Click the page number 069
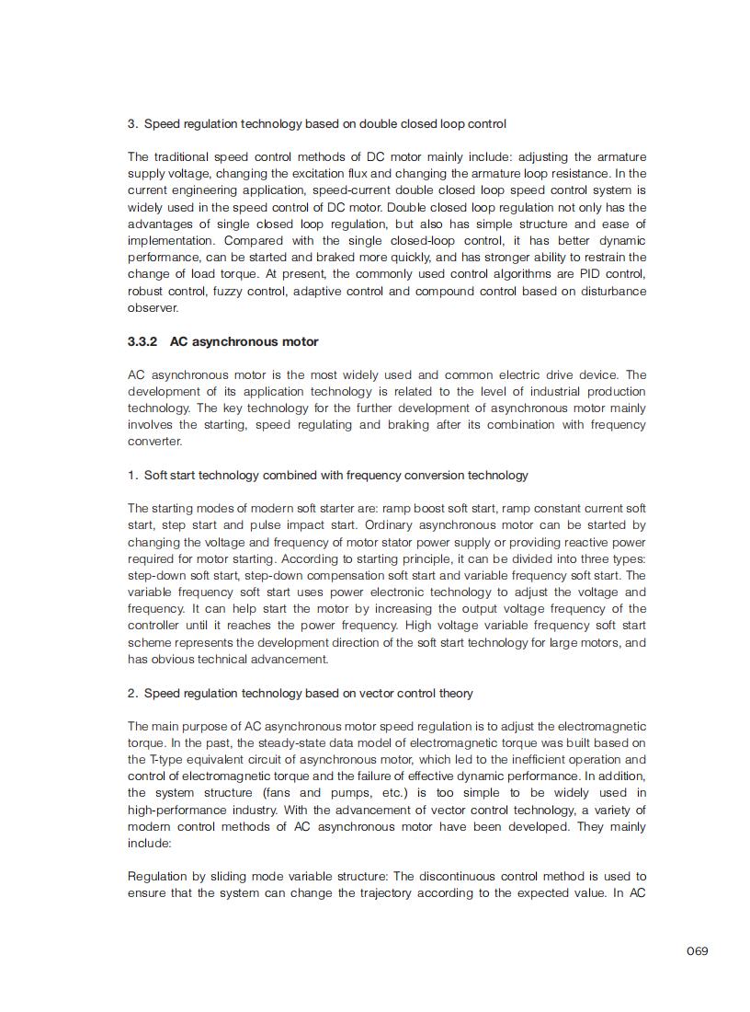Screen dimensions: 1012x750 click(697, 950)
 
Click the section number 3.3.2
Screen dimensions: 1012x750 click(142, 341)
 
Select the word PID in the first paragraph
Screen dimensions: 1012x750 click(574, 274)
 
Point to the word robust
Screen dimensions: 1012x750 click(144, 291)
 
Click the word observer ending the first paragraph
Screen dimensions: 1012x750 click(153, 307)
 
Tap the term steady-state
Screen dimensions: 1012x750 click(265, 742)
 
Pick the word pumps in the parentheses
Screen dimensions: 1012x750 click(346, 792)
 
